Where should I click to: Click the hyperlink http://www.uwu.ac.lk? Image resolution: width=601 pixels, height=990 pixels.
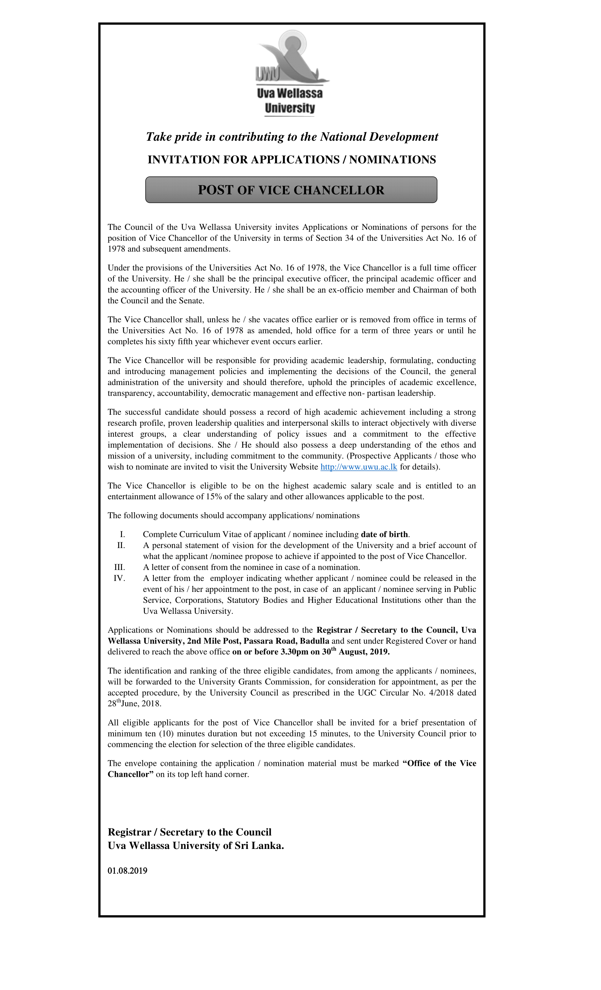pos(358,467)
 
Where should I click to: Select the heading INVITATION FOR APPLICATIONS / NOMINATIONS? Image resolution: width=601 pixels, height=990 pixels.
pos(291,159)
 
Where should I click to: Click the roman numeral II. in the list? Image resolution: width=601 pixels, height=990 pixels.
pos(121,545)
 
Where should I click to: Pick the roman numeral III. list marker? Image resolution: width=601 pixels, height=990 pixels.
pos(120,567)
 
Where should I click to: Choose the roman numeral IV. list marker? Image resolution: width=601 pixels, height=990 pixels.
pos(119,578)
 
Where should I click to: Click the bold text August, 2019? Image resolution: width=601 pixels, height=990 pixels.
pos(363,652)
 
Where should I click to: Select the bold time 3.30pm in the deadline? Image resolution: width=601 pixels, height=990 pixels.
pos(294,652)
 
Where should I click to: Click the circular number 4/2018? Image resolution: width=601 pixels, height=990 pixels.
pos(444,693)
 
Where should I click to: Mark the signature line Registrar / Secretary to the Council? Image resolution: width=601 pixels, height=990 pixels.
pos(189,832)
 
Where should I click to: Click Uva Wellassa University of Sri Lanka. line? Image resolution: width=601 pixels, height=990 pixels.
pos(196,846)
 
